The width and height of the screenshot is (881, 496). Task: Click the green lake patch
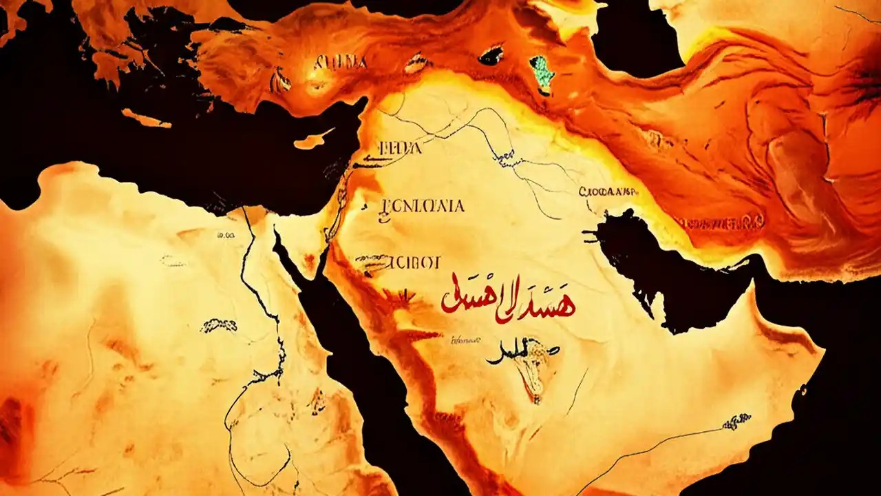[542, 74]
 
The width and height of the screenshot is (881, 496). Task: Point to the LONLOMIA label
[422, 206]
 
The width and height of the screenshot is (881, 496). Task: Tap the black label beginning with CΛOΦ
[608, 192]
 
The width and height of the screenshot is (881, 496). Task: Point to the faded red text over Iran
[719, 223]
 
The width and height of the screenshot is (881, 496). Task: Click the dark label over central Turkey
[340, 63]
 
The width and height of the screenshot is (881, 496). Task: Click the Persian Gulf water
[661, 262]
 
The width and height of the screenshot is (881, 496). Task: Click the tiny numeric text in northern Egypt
[226, 235]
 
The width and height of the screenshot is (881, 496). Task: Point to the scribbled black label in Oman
[736, 420]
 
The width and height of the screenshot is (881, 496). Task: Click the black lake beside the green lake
[491, 55]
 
